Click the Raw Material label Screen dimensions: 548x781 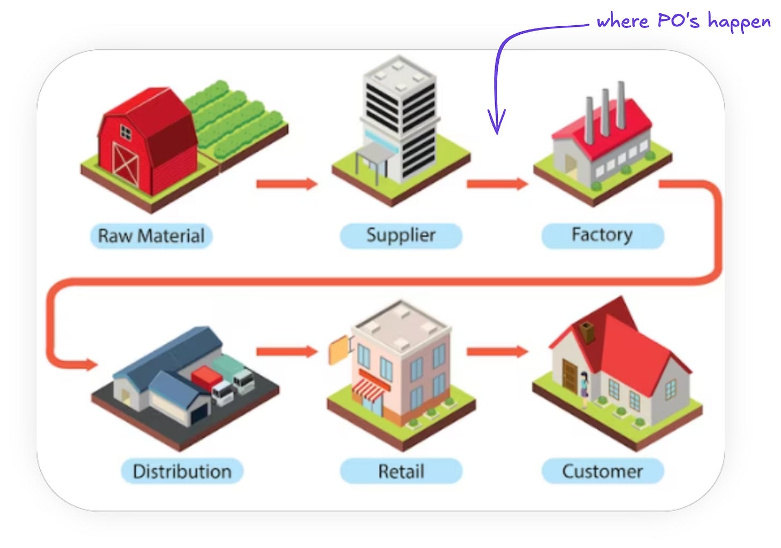(151, 236)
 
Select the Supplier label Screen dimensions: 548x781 (401, 235)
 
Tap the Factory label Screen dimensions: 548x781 (602, 235)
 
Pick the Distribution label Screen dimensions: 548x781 (182, 471)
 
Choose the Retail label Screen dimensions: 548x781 (401, 471)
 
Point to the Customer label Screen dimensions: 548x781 (602, 471)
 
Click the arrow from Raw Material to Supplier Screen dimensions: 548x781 (286, 184)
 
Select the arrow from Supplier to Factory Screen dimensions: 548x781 (497, 184)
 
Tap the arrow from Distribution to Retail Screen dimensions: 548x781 (286, 352)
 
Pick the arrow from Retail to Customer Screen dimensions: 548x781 (497, 352)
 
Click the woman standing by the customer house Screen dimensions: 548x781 (584, 389)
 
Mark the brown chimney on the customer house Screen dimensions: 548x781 (587, 332)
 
